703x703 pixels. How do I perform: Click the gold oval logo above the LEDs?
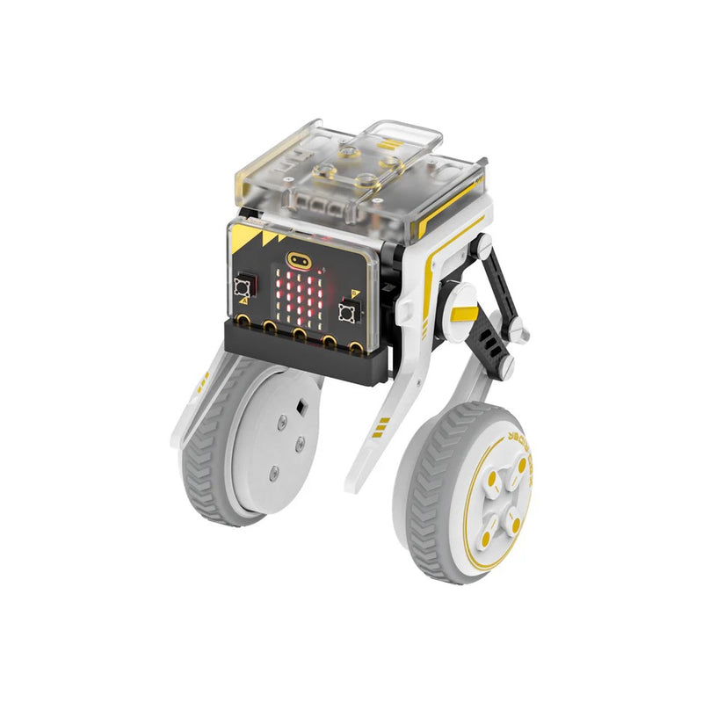[298, 261]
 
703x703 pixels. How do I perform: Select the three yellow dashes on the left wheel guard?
[204, 380]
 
